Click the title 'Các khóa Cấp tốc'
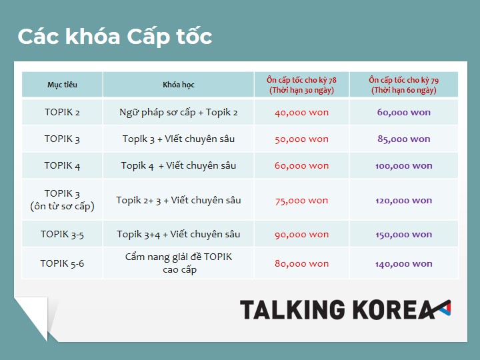pyautogui.click(x=115, y=37)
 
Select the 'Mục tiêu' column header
pyautogui.click(x=62, y=85)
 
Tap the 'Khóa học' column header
pyautogui.click(x=179, y=85)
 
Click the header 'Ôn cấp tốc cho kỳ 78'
pyautogui.click(x=301, y=80)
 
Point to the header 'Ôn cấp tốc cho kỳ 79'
pyautogui.click(x=404, y=80)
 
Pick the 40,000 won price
pyautogui.click(x=301, y=113)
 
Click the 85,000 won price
pyautogui.click(x=404, y=139)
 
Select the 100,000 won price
pyautogui.click(x=404, y=166)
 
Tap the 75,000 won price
pyautogui.click(x=301, y=201)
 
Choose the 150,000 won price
pyautogui.click(x=404, y=235)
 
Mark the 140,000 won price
pyautogui.click(x=404, y=264)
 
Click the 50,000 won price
pyautogui.click(x=301, y=139)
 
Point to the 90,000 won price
pyautogui.click(x=301, y=235)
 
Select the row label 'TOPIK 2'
pyautogui.click(x=62, y=113)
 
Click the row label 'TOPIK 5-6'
pyautogui.click(x=62, y=263)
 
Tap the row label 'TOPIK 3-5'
pyautogui.click(x=62, y=235)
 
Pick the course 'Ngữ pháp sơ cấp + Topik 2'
pyautogui.click(x=179, y=113)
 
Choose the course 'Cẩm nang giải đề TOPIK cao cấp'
pyautogui.click(x=179, y=263)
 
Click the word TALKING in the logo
pyautogui.click(x=293, y=309)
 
